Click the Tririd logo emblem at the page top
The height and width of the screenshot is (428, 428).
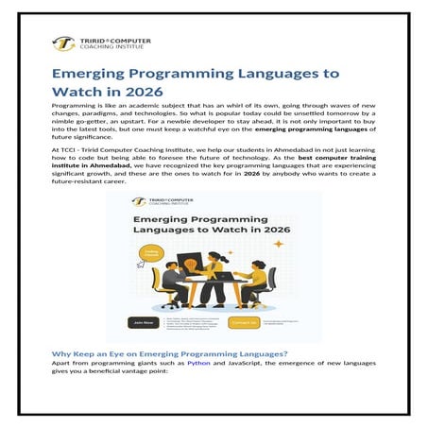(x=64, y=43)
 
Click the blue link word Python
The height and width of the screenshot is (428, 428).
(x=198, y=363)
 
